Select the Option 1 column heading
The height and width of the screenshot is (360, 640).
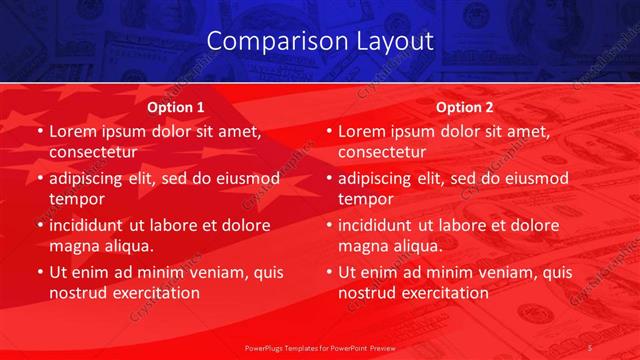176,106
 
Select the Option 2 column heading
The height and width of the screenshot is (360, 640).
465,106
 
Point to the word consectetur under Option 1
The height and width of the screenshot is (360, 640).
93,152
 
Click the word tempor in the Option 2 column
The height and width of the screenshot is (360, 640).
363,198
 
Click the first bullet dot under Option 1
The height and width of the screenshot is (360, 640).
39,132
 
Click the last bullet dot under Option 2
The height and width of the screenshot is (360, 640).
328,272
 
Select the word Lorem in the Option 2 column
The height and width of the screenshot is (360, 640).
361,132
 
